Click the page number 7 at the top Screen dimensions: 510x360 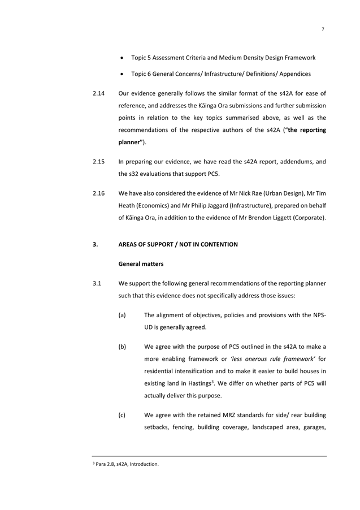point(323,29)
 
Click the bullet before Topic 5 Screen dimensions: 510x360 point(123,58)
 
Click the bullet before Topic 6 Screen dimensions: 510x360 point(123,74)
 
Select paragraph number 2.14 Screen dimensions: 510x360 point(99,93)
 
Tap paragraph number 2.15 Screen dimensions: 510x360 point(99,162)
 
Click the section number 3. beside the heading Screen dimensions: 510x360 point(96,244)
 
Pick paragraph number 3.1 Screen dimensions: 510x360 point(97,283)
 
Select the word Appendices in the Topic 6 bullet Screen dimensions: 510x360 point(291,74)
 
